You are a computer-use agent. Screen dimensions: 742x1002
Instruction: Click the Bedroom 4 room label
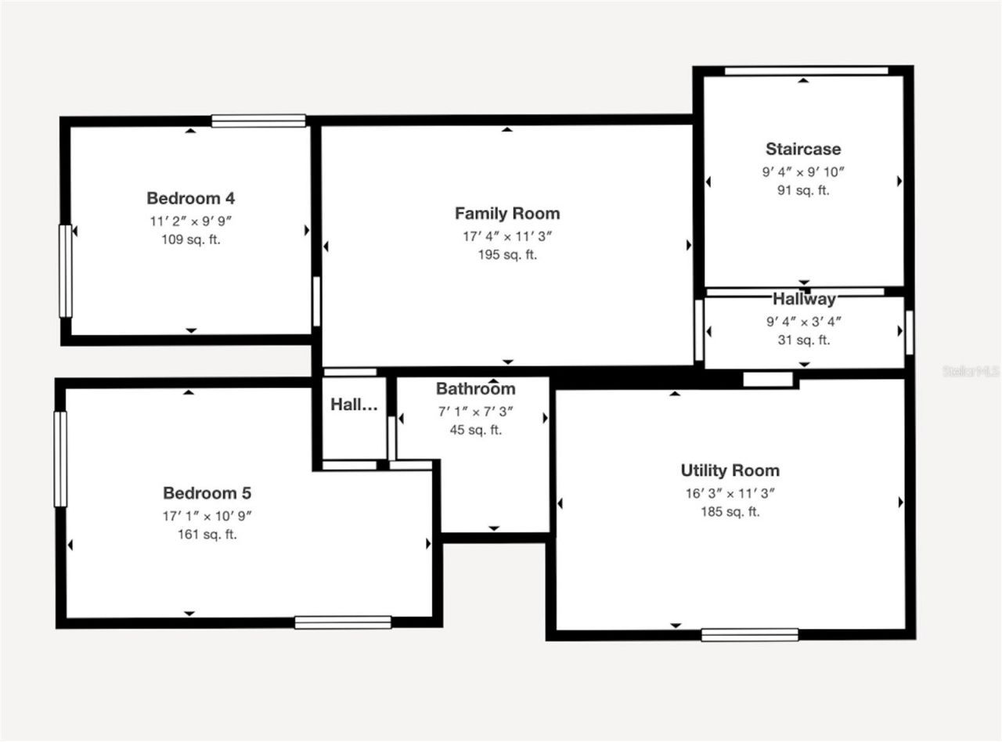coord(191,198)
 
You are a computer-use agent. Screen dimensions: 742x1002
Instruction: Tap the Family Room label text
coord(507,213)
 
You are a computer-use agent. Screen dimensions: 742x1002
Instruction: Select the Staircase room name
coord(803,149)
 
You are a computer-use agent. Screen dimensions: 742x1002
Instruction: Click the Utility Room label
coord(730,470)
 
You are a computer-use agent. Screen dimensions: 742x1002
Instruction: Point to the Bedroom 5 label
coord(207,493)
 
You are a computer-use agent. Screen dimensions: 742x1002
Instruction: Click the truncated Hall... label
coord(354,405)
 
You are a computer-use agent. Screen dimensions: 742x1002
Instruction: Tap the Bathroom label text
coord(475,389)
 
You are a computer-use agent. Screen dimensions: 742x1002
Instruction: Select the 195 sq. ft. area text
coord(507,254)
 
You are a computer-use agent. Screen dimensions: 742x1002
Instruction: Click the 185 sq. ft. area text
coord(730,512)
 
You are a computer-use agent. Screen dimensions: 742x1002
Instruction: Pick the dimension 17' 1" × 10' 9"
coord(207,516)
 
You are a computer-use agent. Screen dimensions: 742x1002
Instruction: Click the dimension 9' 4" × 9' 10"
coord(803,171)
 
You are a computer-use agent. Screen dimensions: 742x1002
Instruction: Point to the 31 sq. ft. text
coord(803,340)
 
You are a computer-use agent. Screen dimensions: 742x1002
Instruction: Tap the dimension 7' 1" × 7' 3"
coord(475,411)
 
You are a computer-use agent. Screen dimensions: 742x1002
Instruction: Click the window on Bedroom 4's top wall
coord(258,121)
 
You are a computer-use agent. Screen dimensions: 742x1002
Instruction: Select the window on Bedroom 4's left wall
coord(66,271)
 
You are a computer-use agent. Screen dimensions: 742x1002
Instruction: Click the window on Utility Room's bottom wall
coord(749,634)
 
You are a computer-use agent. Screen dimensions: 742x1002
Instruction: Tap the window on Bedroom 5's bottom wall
coord(343,622)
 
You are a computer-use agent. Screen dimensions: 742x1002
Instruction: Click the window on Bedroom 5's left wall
coord(60,459)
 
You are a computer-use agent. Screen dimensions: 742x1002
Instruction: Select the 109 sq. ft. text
coord(191,240)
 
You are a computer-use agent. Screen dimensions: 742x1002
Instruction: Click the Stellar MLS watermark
coord(971,371)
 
